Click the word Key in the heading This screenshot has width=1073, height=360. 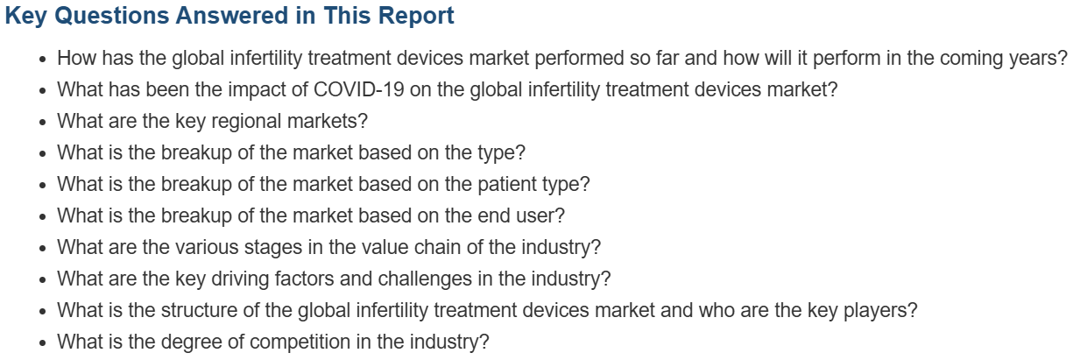(x=26, y=16)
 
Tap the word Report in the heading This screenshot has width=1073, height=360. (x=416, y=16)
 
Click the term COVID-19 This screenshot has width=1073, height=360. (x=359, y=89)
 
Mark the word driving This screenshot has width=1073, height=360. (x=240, y=279)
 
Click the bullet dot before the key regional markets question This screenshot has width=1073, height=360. (x=43, y=123)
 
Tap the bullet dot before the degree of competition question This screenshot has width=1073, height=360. (x=43, y=343)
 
